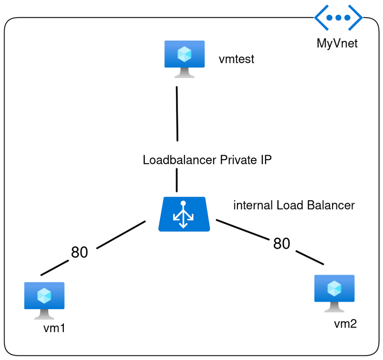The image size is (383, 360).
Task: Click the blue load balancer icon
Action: click(x=184, y=215)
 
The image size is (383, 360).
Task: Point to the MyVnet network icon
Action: click(x=338, y=18)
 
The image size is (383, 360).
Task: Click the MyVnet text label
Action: click(x=338, y=44)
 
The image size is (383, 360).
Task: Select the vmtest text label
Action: click(x=236, y=59)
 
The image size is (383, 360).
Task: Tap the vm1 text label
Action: click(x=54, y=328)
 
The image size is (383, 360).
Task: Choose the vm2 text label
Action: click(x=346, y=324)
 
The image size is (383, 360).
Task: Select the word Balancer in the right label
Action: click(x=331, y=206)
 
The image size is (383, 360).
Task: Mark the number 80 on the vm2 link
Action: click(x=282, y=243)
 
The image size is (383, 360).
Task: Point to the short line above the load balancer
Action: click(x=177, y=181)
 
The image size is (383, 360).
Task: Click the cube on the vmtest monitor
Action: click(x=184, y=54)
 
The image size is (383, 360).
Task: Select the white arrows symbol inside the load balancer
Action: click(x=183, y=216)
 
